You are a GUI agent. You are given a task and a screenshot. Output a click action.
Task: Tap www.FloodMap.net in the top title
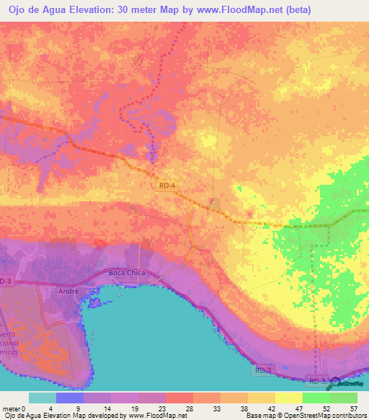click(x=260, y=9)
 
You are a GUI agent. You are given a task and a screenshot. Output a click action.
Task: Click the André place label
click(x=66, y=290)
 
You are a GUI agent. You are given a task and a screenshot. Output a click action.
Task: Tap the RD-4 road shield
click(x=165, y=185)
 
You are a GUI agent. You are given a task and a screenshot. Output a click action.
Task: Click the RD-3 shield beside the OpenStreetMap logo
click(x=317, y=380)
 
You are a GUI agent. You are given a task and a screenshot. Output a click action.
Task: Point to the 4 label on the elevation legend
click(x=56, y=408)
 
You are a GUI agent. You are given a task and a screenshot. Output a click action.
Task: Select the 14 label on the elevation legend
click(x=111, y=408)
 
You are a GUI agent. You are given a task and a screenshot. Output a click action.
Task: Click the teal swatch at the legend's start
click(x=43, y=398)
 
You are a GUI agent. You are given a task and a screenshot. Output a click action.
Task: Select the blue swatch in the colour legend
click(x=70, y=398)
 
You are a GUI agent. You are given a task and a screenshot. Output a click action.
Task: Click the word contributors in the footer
click(x=345, y=416)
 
